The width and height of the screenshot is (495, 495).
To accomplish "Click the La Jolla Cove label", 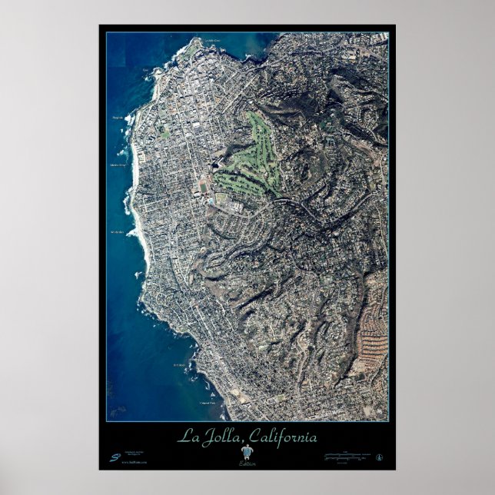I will [x=212, y=40].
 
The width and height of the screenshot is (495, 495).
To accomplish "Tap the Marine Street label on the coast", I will [x=118, y=164].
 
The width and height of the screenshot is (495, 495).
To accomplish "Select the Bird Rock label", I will [x=179, y=365].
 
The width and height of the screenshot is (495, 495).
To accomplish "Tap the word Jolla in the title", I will [x=218, y=438].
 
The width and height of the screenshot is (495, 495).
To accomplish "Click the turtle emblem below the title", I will [x=247, y=453].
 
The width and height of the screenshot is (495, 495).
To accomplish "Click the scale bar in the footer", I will [x=350, y=456].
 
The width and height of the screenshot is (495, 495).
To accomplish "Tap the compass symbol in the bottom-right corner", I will [x=379, y=456].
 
